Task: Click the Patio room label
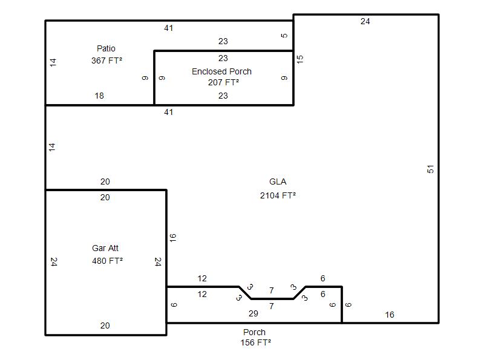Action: [106, 48]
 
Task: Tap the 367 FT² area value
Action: [107, 60]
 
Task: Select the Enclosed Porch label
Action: [221, 71]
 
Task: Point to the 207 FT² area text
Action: [223, 82]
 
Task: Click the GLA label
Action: [278, 181]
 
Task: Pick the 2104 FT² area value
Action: [278, 195]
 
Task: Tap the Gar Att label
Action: [105, 248]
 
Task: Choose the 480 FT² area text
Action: [108, 261]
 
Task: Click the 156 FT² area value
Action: [255, 342]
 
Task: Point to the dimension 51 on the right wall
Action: [430, 169]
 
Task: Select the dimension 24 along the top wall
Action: [365, 21]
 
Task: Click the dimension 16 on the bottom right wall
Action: [390, 315]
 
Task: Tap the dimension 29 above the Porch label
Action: [253, 313]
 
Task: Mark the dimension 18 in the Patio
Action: [99, 96]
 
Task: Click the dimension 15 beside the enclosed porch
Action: [299, 59]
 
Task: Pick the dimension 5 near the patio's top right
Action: [284, 36]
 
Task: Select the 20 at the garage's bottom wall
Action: [105, 325]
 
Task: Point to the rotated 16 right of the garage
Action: [172, 238]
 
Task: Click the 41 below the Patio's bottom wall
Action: [169, 112]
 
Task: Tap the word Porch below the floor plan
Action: [254, 332]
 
